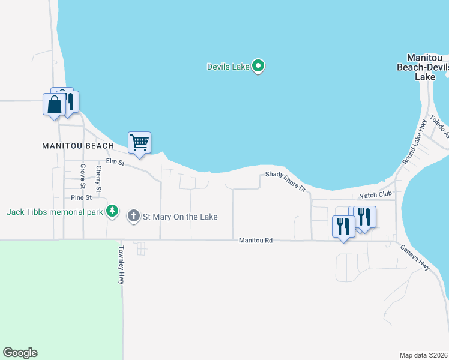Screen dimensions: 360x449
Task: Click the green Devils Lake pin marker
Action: (258, 66)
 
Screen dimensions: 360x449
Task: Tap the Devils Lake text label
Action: (228, 67)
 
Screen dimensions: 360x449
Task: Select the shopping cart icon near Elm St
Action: (139, 143)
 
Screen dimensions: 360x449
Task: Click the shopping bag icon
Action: (54, 104)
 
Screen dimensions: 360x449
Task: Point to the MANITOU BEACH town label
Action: (78, 146)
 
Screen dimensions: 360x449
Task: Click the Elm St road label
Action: (115, 162)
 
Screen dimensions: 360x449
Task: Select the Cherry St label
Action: (98, 179)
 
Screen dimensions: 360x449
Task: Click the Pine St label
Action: (81, 197)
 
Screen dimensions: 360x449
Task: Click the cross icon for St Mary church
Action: (134, 216)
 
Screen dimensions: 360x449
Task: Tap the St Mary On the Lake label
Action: (179, 217)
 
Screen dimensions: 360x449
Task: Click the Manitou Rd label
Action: (256, 240)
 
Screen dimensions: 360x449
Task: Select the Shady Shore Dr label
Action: (286, 181)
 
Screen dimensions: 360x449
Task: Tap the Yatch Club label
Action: (375, 194)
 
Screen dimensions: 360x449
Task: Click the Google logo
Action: (20, 353)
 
